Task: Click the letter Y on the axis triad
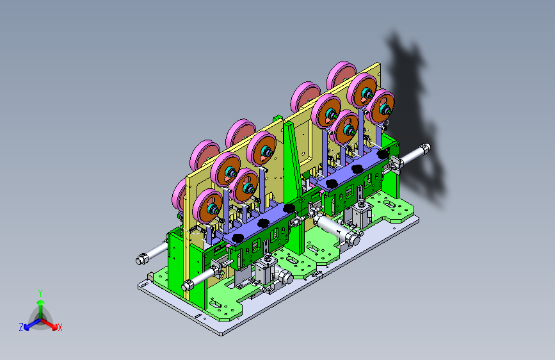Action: [40, 293]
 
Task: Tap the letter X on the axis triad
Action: [60, 328]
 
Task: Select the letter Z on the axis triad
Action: [21, 327]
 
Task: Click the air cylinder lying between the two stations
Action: [336, 230]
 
